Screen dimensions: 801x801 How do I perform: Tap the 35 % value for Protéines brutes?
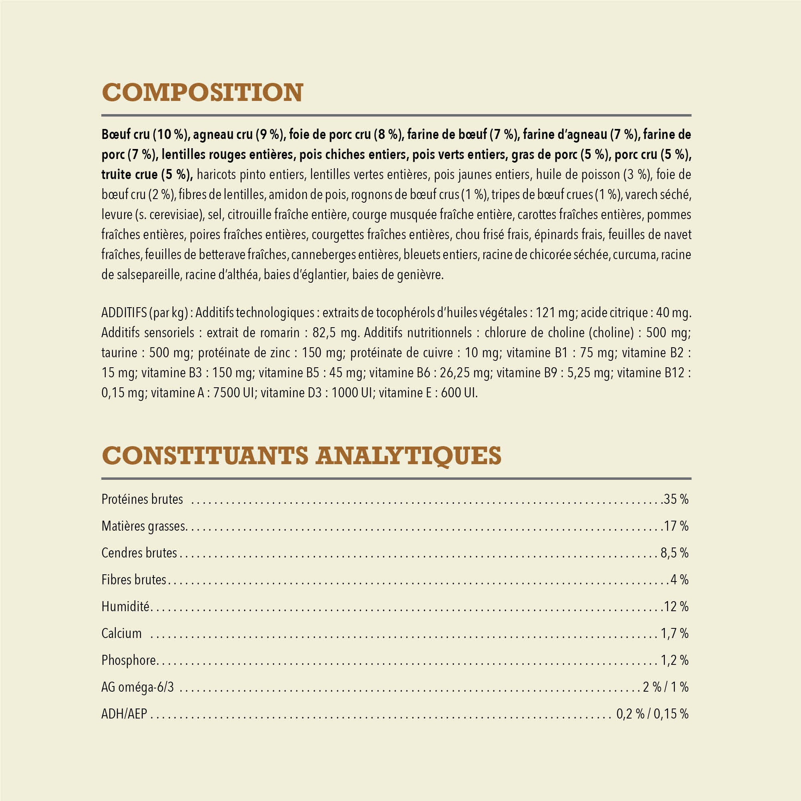676,499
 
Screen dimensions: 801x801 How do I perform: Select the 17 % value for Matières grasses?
676,526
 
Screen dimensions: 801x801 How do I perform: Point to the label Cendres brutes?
139,553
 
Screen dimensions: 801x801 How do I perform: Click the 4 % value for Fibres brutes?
680,580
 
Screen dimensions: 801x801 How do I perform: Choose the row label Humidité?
125,606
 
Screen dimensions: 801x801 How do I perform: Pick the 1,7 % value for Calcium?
674,633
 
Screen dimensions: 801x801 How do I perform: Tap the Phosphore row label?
129,660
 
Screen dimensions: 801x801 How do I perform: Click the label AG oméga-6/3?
138,687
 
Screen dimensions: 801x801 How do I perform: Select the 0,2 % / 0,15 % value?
652,714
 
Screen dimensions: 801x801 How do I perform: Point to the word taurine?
119,352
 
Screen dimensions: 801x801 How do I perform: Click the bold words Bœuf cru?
125,134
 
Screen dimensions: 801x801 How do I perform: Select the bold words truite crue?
130,175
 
